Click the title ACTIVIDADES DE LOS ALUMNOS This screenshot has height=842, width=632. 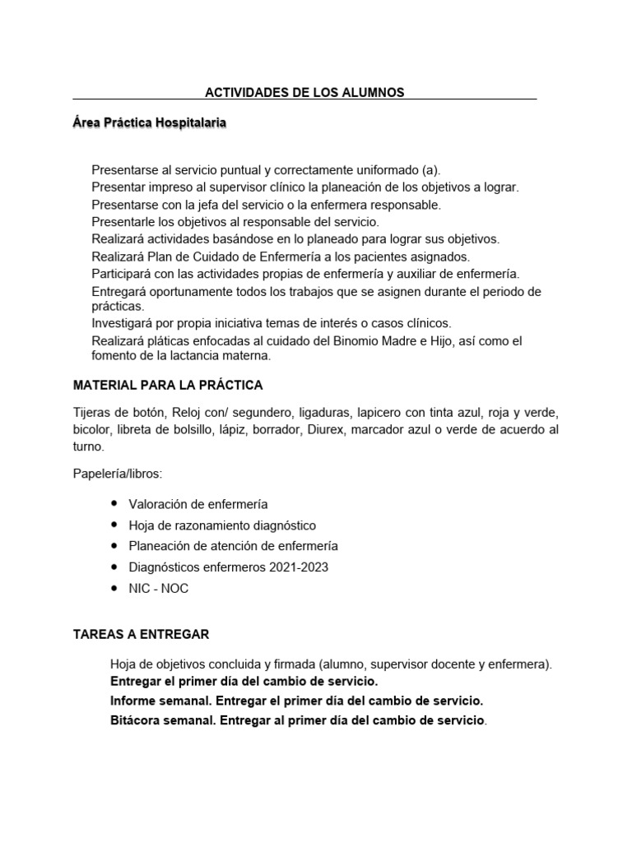[304, 93]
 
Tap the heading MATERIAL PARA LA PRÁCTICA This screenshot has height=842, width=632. [168, 385]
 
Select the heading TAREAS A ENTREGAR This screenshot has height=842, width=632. [141, 634]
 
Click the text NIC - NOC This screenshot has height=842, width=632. [159, 589]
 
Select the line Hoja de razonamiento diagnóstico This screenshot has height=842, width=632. [222, 525]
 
